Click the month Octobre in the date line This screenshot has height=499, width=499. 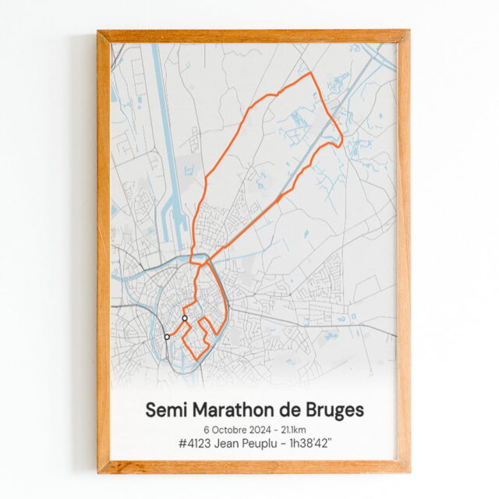230,430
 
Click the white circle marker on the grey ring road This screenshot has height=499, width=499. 167,337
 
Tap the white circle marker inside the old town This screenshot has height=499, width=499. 185,318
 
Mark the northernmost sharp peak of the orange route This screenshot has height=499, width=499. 311,73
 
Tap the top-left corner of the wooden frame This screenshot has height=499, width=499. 100,33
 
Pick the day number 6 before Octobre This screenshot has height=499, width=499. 207,430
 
